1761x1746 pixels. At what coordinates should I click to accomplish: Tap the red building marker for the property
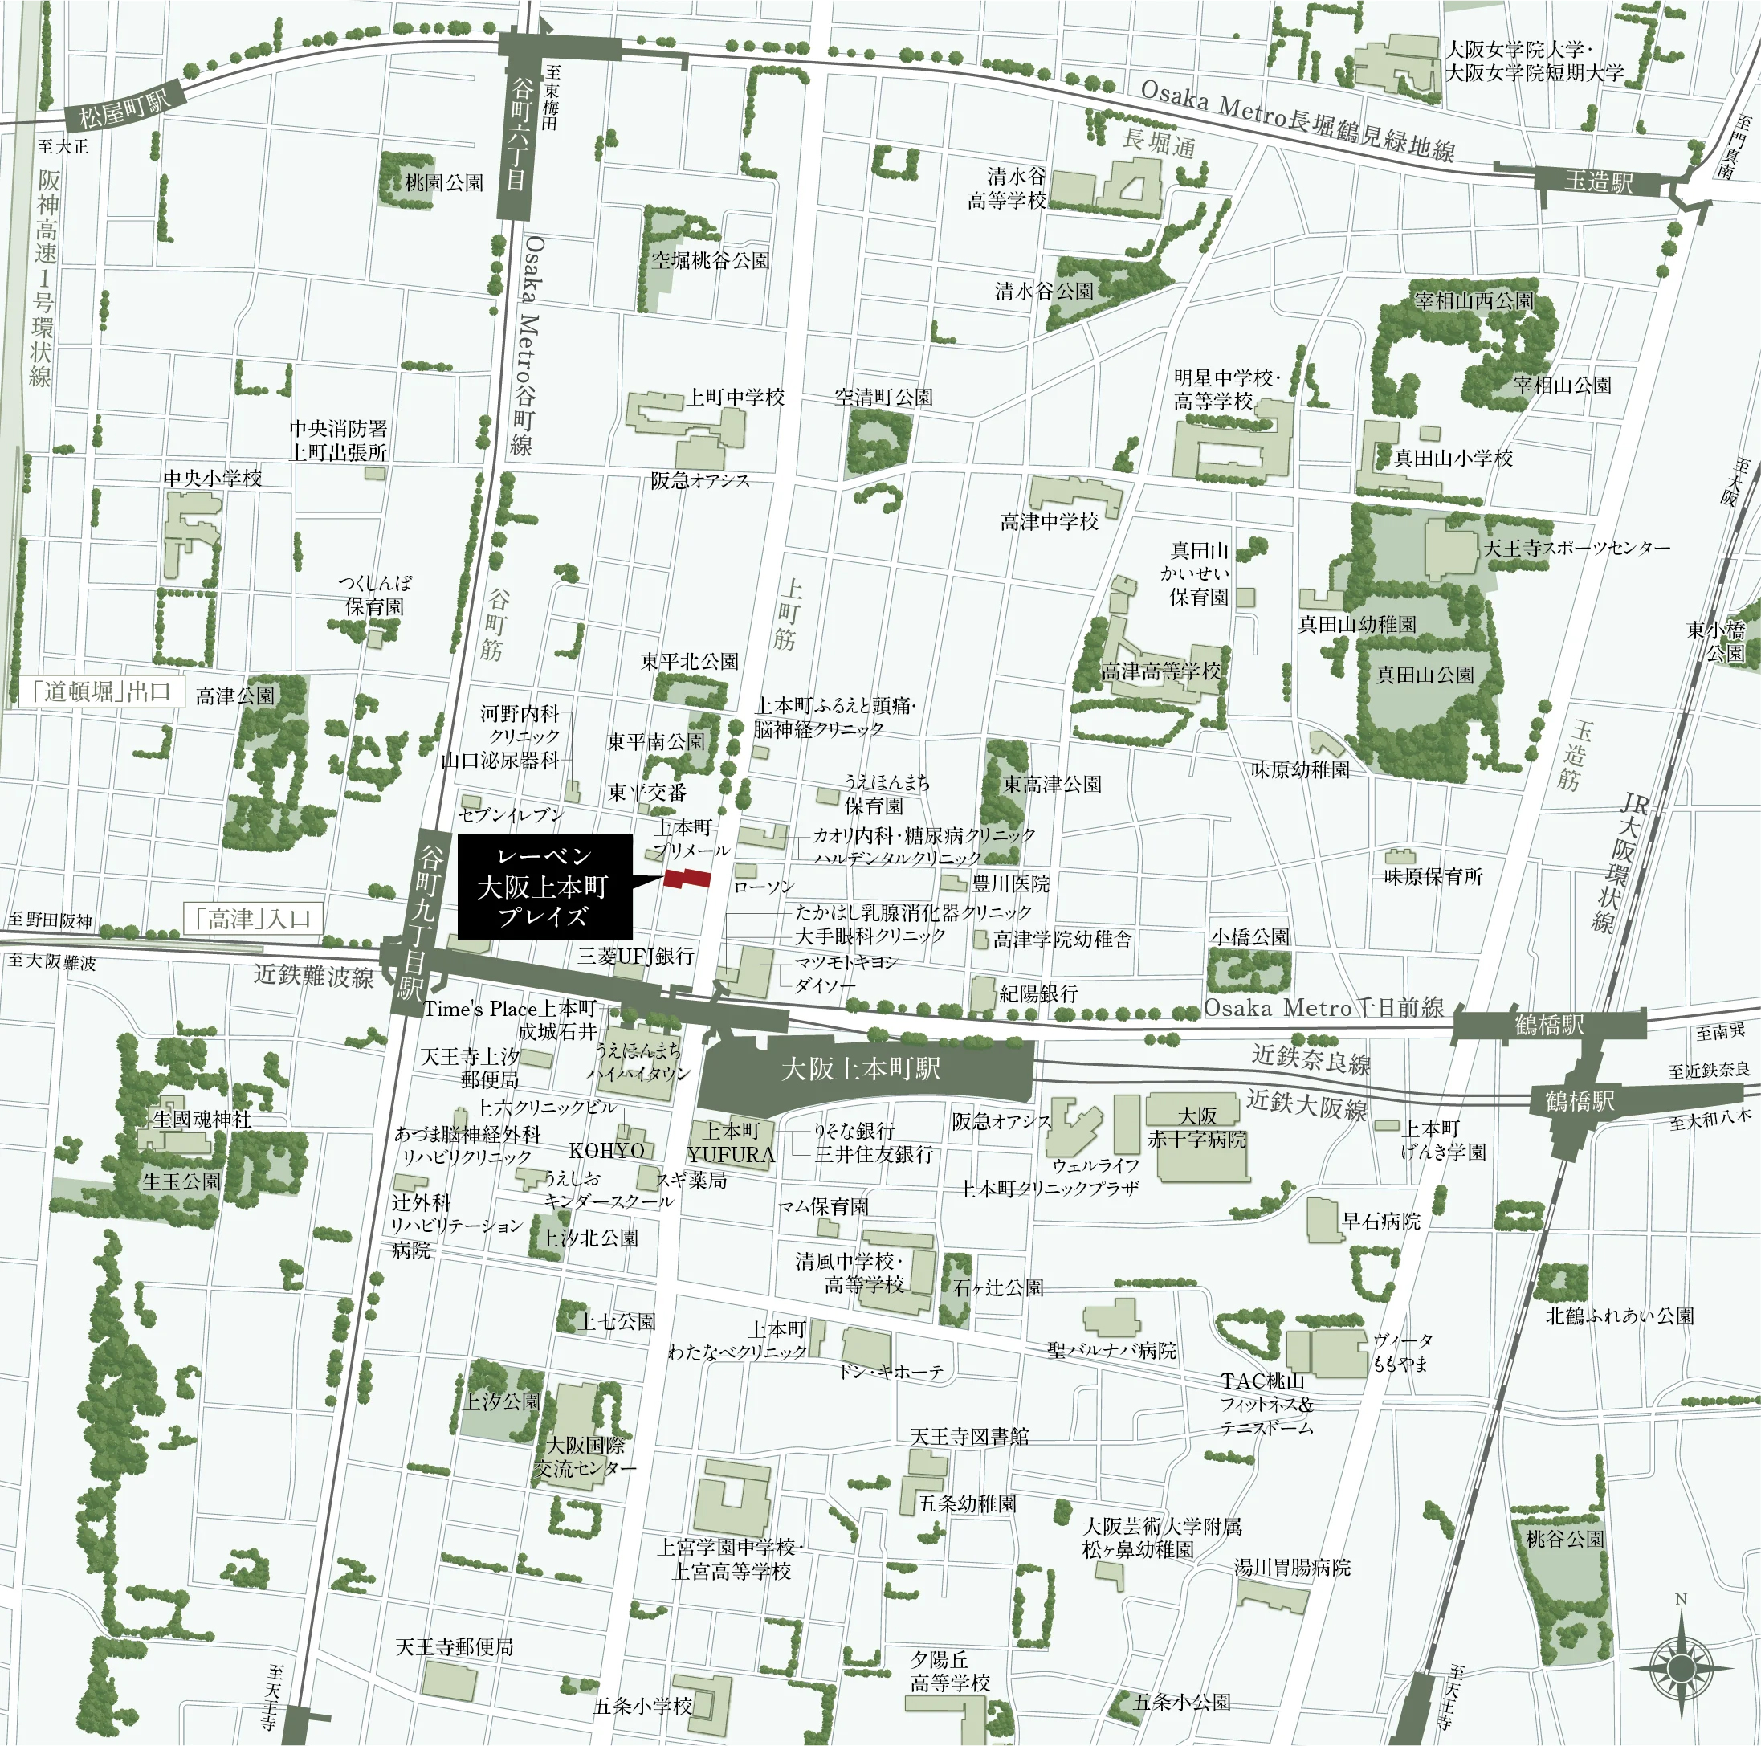click(x=687, y=878)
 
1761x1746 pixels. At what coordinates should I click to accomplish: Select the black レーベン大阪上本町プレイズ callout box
click(x=544, y=886)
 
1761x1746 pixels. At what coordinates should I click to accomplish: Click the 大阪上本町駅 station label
click(x=861, y=1069)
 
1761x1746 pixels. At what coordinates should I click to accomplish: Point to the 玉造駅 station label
click(x=1598, y=182)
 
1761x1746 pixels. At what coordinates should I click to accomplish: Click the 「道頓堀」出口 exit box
click(x=100, y=692)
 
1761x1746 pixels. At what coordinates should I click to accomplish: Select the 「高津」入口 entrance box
click(x=252, y=918)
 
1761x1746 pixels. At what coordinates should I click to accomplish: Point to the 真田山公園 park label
click(x=1425, y=675)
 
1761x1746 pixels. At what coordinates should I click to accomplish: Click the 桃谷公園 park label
click(x=1565, y=1539)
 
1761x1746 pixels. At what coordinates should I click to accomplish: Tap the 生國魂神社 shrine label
click(x=202, y=1119)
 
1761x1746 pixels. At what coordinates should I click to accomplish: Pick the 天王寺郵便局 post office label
click(x=454, y=1646)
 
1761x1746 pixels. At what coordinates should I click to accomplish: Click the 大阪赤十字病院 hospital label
click(x=1196, y=1128)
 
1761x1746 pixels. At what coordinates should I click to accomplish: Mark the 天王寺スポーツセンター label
click(x=1576, y=548)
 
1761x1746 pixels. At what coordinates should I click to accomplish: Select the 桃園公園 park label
click(x=444, y=182)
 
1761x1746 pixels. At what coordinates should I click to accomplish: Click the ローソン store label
click(x=764, y=886)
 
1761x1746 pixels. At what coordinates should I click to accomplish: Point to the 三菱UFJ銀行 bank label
click(x=635, y=956)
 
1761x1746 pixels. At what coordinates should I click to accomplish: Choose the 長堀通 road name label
click(x=1158, y=142)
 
